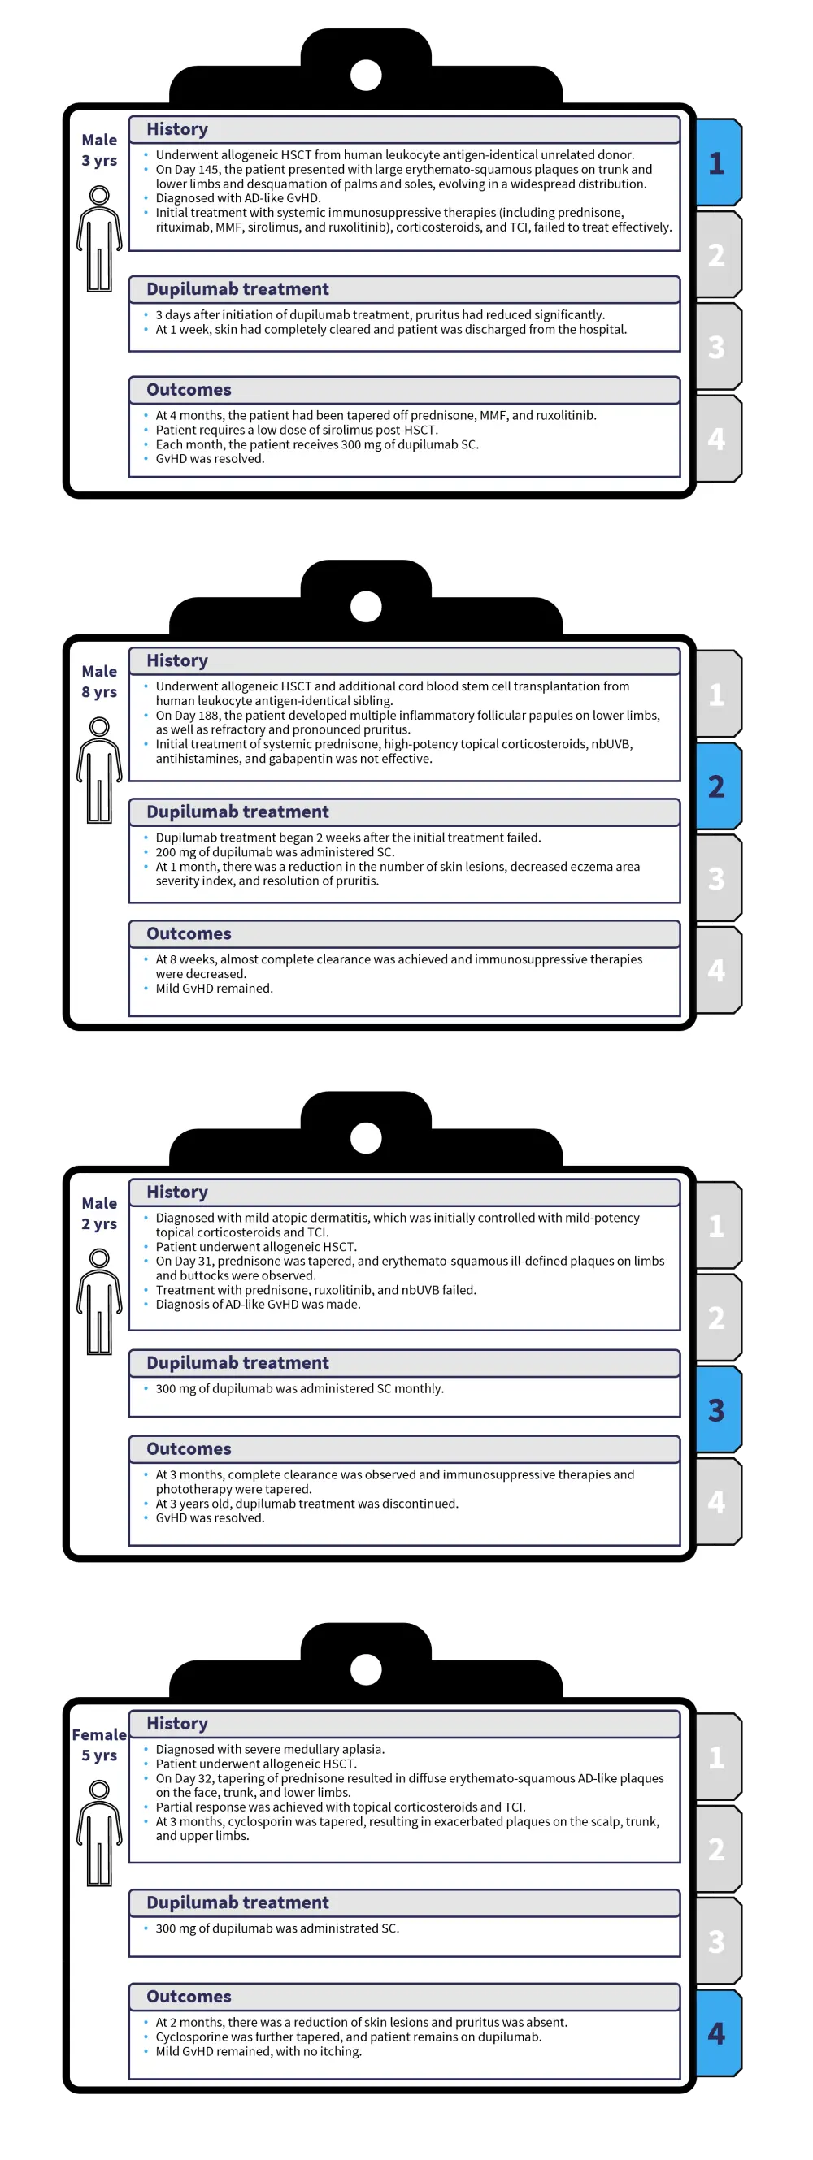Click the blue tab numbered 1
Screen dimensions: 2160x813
[717, 162]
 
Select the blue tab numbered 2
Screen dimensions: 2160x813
[717, 786]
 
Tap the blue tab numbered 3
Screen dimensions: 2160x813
[717, 1409]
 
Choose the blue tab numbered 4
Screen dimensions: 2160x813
[717, 2032]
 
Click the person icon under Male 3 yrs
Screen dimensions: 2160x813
[99, 239]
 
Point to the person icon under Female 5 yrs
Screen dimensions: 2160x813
[99, 1833]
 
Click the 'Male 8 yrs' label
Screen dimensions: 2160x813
[99, 682]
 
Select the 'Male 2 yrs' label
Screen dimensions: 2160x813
[99, 1214]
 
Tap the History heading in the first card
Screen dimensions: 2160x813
[177, 129]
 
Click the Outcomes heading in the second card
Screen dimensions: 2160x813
[189, 933]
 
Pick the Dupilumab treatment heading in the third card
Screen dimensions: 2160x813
[237, 1362]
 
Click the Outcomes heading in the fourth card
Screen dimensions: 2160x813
[189, 1997]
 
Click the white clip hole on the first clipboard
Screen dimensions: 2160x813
[366, 76]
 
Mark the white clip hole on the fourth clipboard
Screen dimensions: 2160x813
[366, 1669]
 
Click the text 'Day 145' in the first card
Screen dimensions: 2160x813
[196, 170]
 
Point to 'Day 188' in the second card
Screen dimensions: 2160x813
[196, 715]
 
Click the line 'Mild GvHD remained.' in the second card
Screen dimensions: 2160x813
[214, 989]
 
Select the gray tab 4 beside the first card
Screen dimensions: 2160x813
[717, 439]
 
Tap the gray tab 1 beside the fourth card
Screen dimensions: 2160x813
[717, 1757]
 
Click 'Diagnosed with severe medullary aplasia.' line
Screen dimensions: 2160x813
[269, 1749]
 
